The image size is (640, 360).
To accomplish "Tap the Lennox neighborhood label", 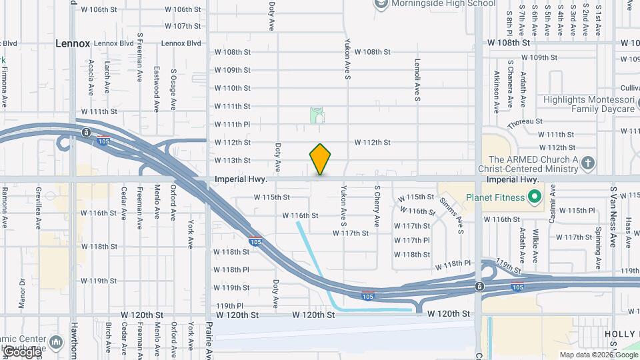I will click(x=73, y=43).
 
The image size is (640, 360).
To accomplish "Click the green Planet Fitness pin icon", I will click(x=535, y=197).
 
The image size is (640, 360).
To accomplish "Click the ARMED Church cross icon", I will click(x=587, y=162).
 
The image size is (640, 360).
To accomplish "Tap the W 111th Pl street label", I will click(x=232, y=125).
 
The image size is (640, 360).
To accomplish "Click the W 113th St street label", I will click(x=232, y=161).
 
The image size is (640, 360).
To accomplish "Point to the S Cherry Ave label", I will click(x=377, y=207).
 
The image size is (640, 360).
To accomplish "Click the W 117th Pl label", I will click(x=412, y=241).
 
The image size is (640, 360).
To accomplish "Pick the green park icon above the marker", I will click(x=317, y=116).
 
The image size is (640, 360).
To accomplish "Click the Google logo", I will click(x=21, y=352).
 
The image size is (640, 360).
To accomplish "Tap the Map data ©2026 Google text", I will click(x=598, y=355).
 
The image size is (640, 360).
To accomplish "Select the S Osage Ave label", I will click(x=173, y=88).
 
